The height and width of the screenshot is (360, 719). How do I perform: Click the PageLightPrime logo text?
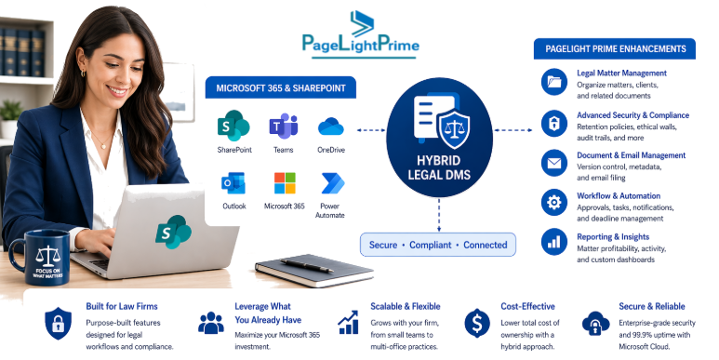click(x=360, y=44)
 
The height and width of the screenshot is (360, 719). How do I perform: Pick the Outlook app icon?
click(x=233, y=182)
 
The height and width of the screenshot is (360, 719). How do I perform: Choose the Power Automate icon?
click(x=331, y=182)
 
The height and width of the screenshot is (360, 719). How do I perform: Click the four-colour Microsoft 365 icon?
click(x=283, y=182)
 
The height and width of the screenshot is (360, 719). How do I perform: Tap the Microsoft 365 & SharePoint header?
click(x=281, y=88)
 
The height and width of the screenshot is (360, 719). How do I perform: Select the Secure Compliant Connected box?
click(x=438, y=245)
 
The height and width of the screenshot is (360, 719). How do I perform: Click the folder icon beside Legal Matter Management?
click(x=554, y=83)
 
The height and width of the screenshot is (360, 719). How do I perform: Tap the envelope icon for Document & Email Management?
click(x=554, y=164)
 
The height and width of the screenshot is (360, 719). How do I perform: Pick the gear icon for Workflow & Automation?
click(x=554, y=203)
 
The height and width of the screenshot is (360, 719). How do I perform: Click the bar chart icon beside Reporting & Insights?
click(x=554, y=242)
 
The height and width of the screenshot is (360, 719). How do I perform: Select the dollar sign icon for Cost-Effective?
click(x=477, y=322)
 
